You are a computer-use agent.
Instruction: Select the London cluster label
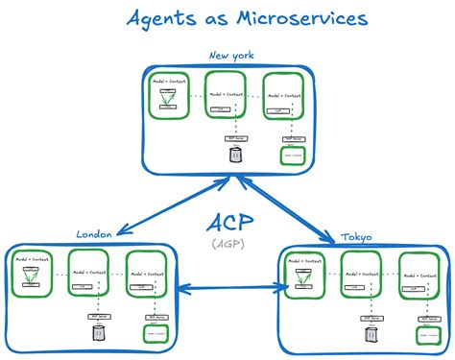[x=95, y=233]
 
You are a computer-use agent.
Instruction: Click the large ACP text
[x=229, y=224]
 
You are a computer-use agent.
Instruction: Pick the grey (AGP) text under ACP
[x=229, y=245]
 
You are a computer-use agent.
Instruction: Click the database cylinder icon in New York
[x=235, y=154]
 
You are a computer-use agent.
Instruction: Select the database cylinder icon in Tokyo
[x=370, y=334]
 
